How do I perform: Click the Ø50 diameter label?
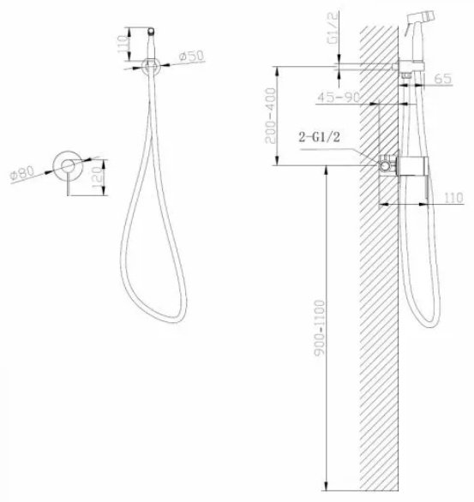191,57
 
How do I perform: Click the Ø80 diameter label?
22,174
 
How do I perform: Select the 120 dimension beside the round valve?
98,177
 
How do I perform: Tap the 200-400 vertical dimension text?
270,116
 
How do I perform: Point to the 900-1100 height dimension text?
320,328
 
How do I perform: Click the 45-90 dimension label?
339,97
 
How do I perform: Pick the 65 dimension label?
443,79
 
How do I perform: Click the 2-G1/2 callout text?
319,137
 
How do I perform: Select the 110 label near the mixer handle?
453,197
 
